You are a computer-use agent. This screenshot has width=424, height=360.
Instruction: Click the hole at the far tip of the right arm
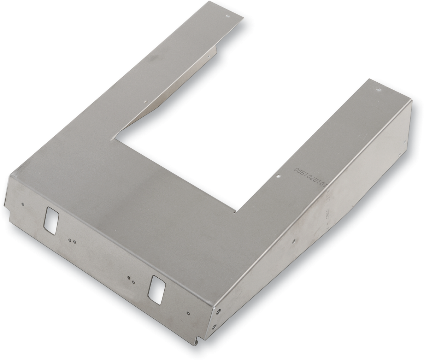pos(379,90)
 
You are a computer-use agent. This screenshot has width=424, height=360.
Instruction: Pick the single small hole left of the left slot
pos(23,204)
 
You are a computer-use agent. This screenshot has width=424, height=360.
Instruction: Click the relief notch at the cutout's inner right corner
pos(236,212)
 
